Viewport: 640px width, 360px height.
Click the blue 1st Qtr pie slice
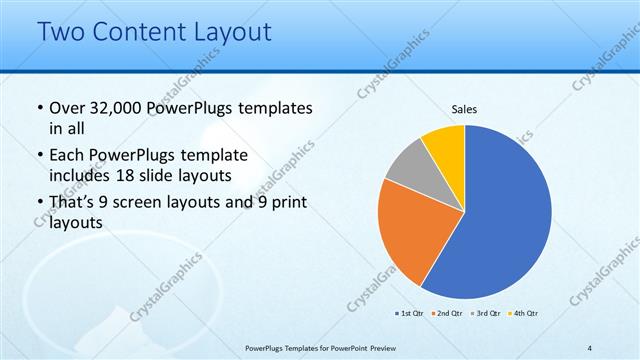point(510,215)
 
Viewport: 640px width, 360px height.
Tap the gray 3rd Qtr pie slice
point(410,165)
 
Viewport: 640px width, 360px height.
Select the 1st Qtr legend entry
point(409,314)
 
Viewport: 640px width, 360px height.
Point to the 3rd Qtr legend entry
point(484,314)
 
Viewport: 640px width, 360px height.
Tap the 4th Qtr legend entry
point(523,314)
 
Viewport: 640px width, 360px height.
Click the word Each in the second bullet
point(67,156)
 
